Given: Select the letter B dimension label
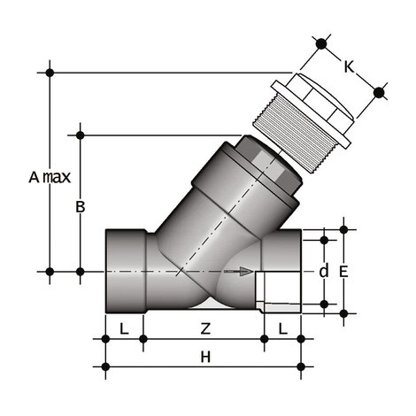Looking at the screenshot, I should pos(80,207).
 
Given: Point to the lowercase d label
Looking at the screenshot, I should pos(323,272).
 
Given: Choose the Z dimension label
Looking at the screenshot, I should pos(205,328).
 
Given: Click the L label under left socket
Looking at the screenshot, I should pos(123,328).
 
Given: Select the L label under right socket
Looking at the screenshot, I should pos(282,328).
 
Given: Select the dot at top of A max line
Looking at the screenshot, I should pos(50,71).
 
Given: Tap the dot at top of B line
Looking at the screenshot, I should pos(81,135).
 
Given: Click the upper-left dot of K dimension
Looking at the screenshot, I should pos(321,42).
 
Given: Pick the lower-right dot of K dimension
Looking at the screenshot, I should pos(379,90).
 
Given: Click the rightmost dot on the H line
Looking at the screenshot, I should pos(301,366).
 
